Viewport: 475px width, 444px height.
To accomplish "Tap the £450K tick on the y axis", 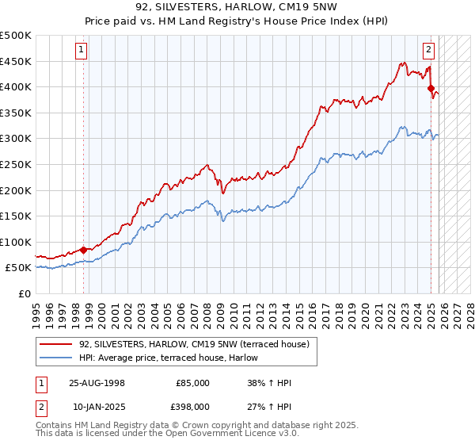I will tap(16, 61).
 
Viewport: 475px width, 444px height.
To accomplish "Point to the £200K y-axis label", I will tap(16, 190).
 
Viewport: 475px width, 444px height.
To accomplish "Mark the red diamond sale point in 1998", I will tap(83, 250).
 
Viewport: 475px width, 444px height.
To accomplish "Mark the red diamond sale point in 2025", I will tap(431, 89).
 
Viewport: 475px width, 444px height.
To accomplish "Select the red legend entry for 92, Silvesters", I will tap(198, 343).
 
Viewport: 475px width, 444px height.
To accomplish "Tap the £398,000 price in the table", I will tap(192, 407).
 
